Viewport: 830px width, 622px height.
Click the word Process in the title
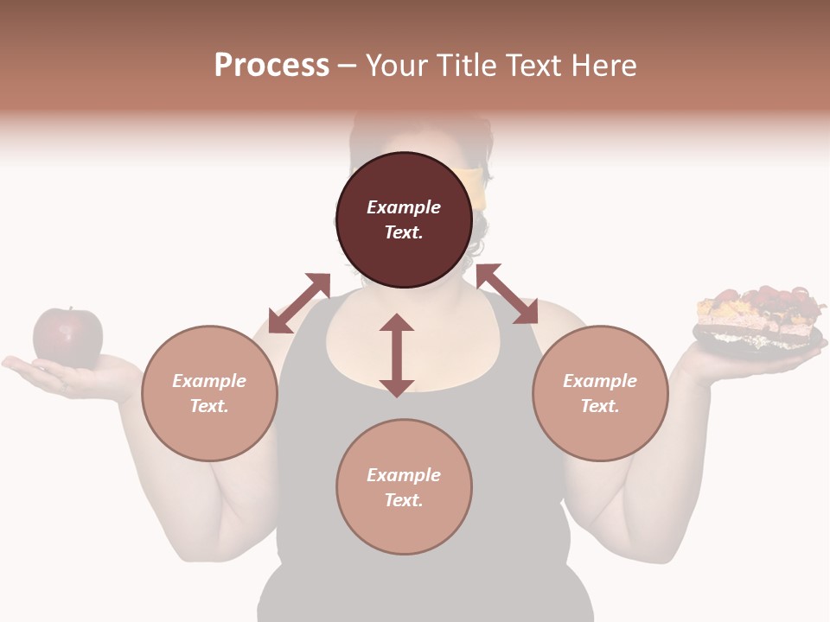271,66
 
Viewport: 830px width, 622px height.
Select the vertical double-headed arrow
397,355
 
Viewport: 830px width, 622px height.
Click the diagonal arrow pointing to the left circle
299,303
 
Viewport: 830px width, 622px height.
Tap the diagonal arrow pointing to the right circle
507,294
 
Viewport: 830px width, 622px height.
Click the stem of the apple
70,308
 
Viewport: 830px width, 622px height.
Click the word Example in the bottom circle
404,475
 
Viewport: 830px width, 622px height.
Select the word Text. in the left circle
209,406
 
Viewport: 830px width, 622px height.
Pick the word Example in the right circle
600,381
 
